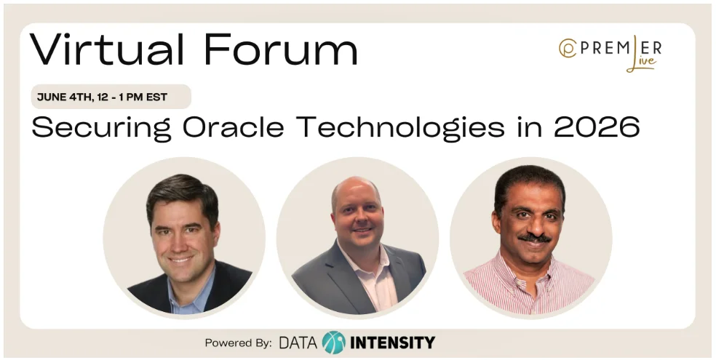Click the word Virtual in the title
tap(107, 49)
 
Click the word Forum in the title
tap(280, 49)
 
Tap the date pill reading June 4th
tap(111, 97)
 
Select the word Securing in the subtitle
tap(101, 128)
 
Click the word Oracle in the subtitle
tap(234, 127)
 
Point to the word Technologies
tap(400, 128)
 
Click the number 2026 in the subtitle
tap(597, 127)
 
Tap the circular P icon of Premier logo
tap(568, 49)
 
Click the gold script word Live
tap(643, 64)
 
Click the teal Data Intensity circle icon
tap(333, 343)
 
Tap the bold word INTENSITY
tap(392, 343)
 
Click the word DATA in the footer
tap(298, 343)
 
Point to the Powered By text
tap(238, 343)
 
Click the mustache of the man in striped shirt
tap(534, 238)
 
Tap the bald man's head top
tap(355, 185)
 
